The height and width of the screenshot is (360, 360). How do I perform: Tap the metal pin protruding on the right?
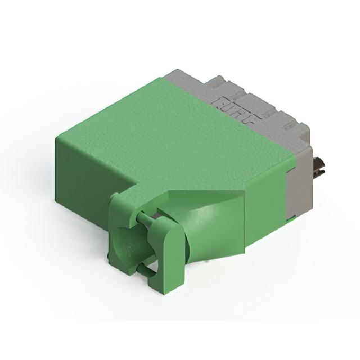(319, 167)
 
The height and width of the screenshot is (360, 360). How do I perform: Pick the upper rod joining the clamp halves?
(145, 218)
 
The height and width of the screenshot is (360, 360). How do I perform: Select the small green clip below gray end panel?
(292, 219)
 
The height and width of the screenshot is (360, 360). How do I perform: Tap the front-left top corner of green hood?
(56, 138)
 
